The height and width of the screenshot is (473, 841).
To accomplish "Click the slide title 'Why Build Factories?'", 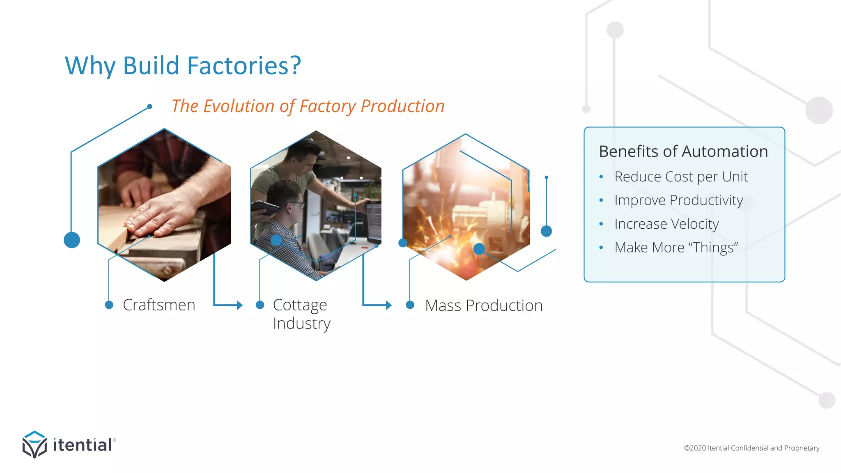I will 183,66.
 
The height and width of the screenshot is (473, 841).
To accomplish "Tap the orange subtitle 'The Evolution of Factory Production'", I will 308,106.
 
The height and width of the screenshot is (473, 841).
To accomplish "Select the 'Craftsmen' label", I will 159,305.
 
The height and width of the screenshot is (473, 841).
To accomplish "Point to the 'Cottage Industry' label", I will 301,314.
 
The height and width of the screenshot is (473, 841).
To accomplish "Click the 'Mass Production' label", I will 484,305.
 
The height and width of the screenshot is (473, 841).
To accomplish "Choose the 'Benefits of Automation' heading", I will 683,152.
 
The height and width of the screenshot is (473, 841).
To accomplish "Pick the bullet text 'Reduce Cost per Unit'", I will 681,177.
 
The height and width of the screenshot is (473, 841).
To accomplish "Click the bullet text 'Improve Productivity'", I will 678,200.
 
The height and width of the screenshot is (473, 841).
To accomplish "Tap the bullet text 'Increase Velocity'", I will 666,224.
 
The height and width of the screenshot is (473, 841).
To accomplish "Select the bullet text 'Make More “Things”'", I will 676,248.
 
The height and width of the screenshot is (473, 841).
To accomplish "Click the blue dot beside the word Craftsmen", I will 109,305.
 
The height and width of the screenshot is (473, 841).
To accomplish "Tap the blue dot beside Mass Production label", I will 410,305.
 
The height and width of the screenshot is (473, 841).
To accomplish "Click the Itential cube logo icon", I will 34,444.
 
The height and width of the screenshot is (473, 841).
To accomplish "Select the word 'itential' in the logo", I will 83,445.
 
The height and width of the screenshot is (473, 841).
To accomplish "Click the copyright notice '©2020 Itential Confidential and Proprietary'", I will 751,448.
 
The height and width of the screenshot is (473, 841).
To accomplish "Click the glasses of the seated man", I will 297,204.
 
